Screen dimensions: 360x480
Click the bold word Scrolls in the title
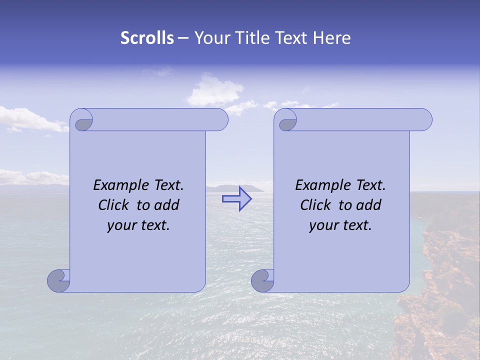(147, 38)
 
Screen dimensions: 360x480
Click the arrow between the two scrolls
(237, 199)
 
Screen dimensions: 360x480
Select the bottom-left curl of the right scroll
(262, 280)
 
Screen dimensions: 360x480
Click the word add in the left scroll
(166, 205)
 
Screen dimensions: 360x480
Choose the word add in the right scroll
(368, 205)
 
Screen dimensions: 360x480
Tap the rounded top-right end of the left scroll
(220, 120)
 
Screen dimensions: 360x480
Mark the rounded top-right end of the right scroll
(424, 120)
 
